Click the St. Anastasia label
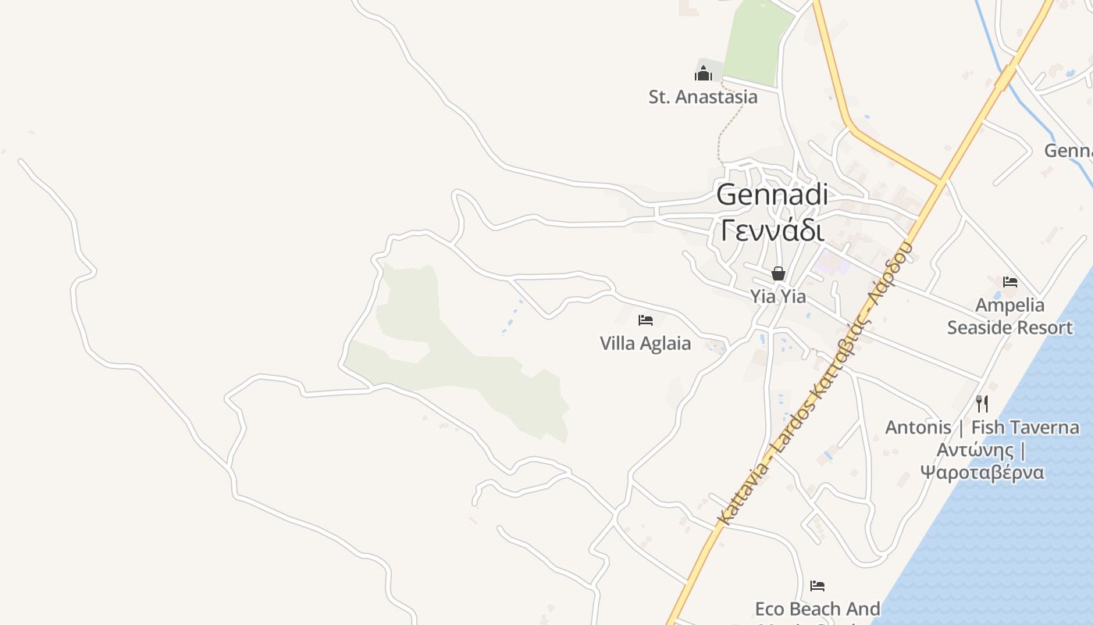pyautogui.click(x=703, y=97)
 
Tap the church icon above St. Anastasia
pyautogui.click(x=703, y=74)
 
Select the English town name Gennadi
pyautogui.click(x=772, y=195)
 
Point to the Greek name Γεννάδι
pyautogui.click(x=772, y=230)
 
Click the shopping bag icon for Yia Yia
pyautogui.click(x=778, y=273)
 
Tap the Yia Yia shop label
pyautogui.click(x=778, y=297)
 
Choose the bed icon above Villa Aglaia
pyautogui.click(x=646, y=320)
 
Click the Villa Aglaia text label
pyautogui.click(x=645, y=344)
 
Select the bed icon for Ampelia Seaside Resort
pyautogui.click(x=1010, y=281)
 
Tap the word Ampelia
pyautogui.click(x=1009, y=305)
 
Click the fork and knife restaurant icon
pyautogui.click(x=982, y=404)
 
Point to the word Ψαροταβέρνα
pyautogui.click(x=981, y=473)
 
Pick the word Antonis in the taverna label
pyautogui.click(x=918, y=427)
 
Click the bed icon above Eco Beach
pyautogui.click(x=817, y=585)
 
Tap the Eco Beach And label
pyautogui.click(x=817, y=609)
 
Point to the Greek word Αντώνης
pyautogui.click(x=975, y=450)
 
